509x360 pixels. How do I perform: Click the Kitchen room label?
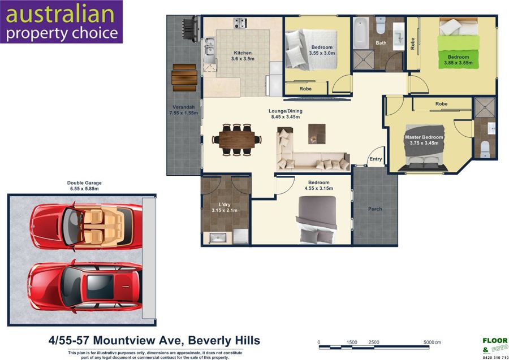click(x=243, y=53)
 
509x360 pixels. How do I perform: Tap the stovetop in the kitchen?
click(x=240, y=23)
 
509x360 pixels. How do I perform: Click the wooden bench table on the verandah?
click(x=184, y=78)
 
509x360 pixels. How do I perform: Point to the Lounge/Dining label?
click(x=286, y=111)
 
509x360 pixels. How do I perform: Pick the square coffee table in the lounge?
click(x=317, y=133)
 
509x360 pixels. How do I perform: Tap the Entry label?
click(x=376, y=159)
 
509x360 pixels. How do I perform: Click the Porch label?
click(x=375, y=209)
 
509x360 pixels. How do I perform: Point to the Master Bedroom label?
click(x=424, y=137)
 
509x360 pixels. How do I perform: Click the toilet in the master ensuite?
click(x=485, y=149)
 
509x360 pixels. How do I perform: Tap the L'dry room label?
click(x=225, y=205)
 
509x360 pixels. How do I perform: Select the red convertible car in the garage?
click(x=86, y=225)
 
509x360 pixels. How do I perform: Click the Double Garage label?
click(x=84, y=183)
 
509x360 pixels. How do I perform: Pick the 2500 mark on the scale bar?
click(x=374, y=342)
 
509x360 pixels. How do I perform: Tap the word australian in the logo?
click(x=60, y=14)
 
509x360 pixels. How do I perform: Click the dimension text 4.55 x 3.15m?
click(x=319, y=188)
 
